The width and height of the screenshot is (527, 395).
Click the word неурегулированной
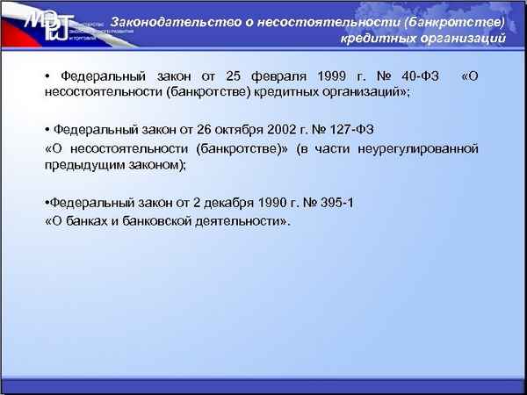[x=425, y=147]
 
